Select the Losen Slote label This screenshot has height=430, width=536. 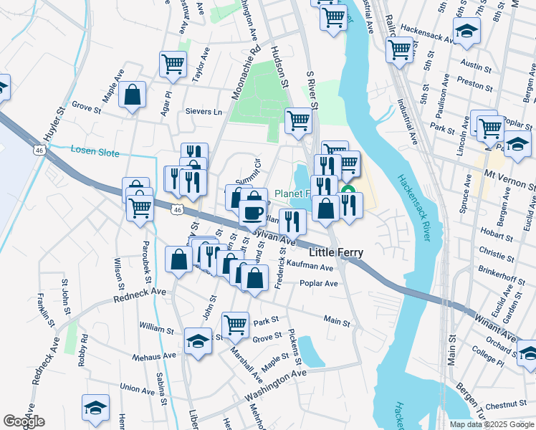(95, 150)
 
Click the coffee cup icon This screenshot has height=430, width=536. (252, 211)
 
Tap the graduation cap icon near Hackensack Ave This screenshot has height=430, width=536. (466, 30)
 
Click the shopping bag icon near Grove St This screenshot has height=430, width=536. (133, 94)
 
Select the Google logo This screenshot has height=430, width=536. (24, 421)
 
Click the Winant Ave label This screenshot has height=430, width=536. (498, 325)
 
